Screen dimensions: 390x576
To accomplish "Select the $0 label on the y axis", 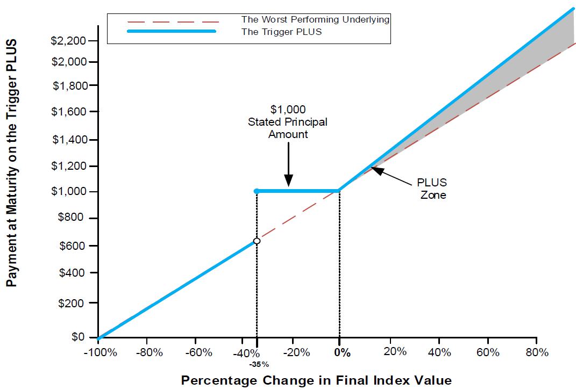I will [78, 337].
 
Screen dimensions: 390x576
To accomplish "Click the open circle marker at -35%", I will [257, 241].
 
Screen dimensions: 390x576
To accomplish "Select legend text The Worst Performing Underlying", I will [315, 20].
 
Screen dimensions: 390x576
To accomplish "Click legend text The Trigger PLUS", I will [282, 32].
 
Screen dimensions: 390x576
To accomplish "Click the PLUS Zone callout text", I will [432, 189].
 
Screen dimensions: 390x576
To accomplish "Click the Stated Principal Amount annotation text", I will [288, 122].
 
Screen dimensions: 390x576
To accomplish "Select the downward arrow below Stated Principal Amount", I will [288, 169].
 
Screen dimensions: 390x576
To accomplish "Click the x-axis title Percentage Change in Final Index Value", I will [316, 380].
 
